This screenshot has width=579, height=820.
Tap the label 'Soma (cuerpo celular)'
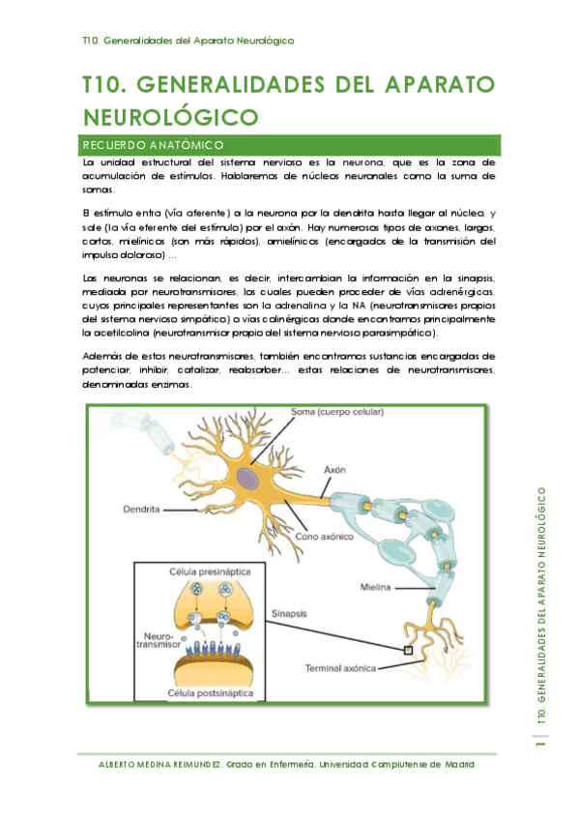click(x=337, y=412)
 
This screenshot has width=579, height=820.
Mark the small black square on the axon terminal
click(x=408, y=650)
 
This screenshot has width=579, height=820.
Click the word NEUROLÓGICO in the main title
click(x=172, y=118)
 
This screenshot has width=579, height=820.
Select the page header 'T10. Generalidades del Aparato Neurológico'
click(x=188, y=41)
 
